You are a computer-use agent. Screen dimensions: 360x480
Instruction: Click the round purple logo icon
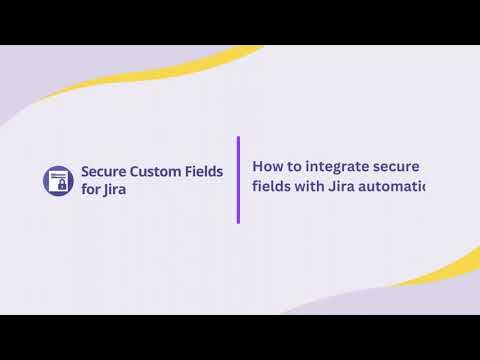pos(59,180)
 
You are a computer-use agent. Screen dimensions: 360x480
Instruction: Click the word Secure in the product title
pos(104,171)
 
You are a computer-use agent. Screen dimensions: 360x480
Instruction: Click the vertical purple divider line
pos(238,180)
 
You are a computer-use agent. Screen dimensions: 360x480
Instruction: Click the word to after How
pos(297,166)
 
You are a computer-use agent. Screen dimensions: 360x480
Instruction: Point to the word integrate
pos(338,167)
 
